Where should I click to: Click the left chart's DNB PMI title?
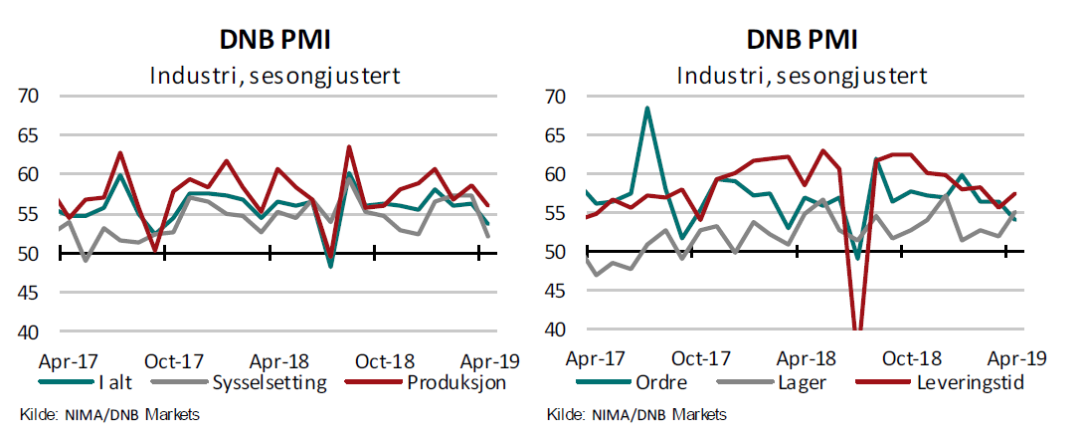tap(274, 39)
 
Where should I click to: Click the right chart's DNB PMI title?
tap(802, 39)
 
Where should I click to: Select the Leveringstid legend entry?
tap(961, 381)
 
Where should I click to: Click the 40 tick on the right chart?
tap(556, 330)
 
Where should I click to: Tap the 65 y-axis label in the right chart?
tap(556, 135)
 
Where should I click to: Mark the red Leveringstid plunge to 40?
tap(856, 329)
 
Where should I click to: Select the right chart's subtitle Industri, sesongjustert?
tap(802, 75)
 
